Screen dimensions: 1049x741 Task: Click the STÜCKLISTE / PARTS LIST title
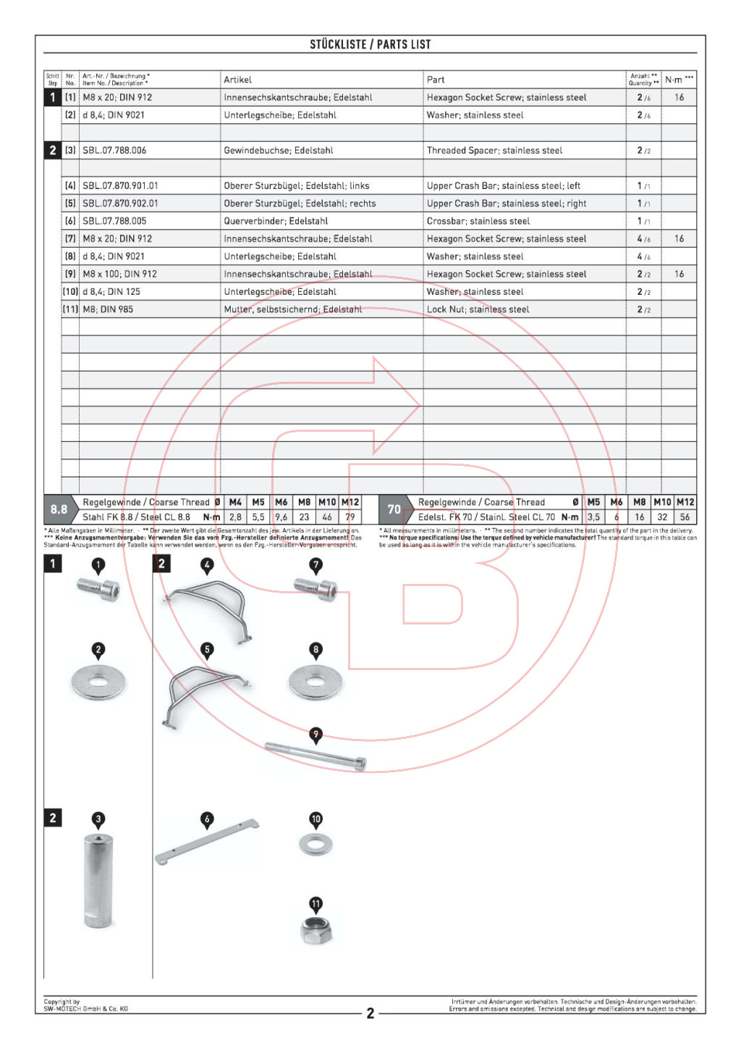370,44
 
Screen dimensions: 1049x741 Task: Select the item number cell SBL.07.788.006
114,151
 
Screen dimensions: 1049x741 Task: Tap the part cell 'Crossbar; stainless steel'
478,221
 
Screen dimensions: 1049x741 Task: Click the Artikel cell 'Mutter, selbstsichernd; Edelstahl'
292,309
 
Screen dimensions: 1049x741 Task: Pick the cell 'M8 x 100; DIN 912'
119,274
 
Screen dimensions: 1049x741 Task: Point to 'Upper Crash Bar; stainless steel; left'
503,186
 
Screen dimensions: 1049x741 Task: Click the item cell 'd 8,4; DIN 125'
111,292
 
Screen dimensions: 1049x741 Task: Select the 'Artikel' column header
237,80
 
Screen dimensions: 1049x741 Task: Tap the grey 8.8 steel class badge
59,509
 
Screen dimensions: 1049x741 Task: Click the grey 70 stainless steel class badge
394,509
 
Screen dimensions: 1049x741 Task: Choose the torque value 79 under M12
350,517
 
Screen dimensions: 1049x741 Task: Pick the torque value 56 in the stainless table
685,517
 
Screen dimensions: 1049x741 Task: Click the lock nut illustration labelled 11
316,930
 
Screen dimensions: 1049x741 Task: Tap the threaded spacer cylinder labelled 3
98,880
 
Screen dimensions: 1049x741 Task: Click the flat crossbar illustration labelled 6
207,842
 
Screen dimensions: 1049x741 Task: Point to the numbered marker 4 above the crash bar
207,566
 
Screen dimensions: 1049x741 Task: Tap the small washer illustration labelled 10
316,843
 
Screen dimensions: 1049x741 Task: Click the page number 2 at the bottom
370,1013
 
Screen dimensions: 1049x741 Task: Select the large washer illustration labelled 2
98,682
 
